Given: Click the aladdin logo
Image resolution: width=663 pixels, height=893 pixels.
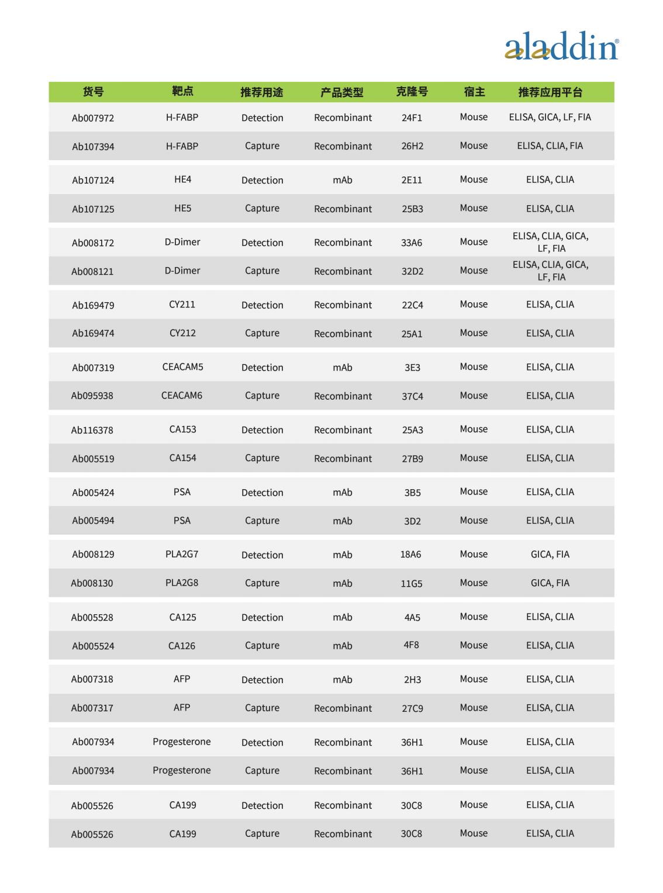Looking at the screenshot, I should tap(561, 46).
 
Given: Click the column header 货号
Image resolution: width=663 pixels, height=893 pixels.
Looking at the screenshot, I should tap(93, 92).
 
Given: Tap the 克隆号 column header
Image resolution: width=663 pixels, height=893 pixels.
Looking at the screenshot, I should tap(412, 92).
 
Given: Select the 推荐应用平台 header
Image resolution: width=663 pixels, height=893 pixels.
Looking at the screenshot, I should tap(550, 92).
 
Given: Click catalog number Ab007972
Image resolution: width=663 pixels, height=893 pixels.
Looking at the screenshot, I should tap(93, 118).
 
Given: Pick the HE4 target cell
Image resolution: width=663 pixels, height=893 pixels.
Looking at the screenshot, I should tap(182, 179).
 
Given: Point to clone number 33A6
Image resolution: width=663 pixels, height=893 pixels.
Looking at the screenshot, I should tap(412, 243).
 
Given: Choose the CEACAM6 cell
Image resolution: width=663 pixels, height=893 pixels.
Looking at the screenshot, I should tap(182, 396).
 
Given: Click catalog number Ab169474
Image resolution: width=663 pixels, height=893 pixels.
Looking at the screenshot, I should tap(93, 333).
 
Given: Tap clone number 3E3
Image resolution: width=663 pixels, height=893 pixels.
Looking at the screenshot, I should tap(412, 368).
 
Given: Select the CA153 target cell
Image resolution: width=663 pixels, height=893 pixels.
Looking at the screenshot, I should tap(182, 430).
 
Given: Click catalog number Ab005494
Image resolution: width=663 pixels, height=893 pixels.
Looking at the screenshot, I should tap(93, 521).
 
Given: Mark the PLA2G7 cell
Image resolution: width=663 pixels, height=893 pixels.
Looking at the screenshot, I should tap(182, 554).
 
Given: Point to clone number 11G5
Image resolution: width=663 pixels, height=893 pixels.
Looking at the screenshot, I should tap(412, 583).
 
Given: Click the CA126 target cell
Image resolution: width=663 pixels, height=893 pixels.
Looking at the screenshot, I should tap(182, 646).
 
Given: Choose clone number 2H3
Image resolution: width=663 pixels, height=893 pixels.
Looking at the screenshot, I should tap(412, 680).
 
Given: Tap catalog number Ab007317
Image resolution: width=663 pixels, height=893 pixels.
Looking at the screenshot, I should tap(92, 708).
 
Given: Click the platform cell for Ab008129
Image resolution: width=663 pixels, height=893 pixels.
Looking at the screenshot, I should tap(550, 554).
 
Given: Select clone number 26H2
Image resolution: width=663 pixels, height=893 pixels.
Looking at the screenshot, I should tap(412, 146).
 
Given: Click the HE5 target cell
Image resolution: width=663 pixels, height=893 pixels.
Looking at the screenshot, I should tap(182, 208).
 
